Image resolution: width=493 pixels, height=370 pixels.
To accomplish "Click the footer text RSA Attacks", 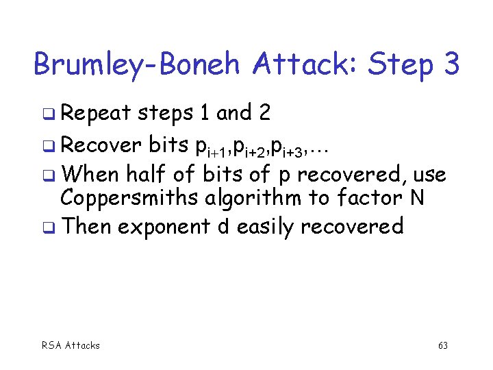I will (71, 345).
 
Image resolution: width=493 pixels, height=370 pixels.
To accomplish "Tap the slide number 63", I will (442, 345).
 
